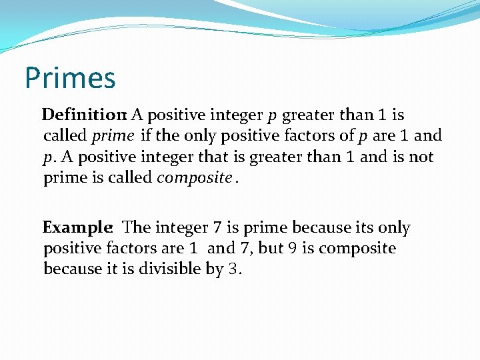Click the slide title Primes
70,78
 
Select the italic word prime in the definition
113,136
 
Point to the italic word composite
194,179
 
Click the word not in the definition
423,157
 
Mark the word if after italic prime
146,136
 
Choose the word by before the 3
213,269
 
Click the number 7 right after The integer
218,228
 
